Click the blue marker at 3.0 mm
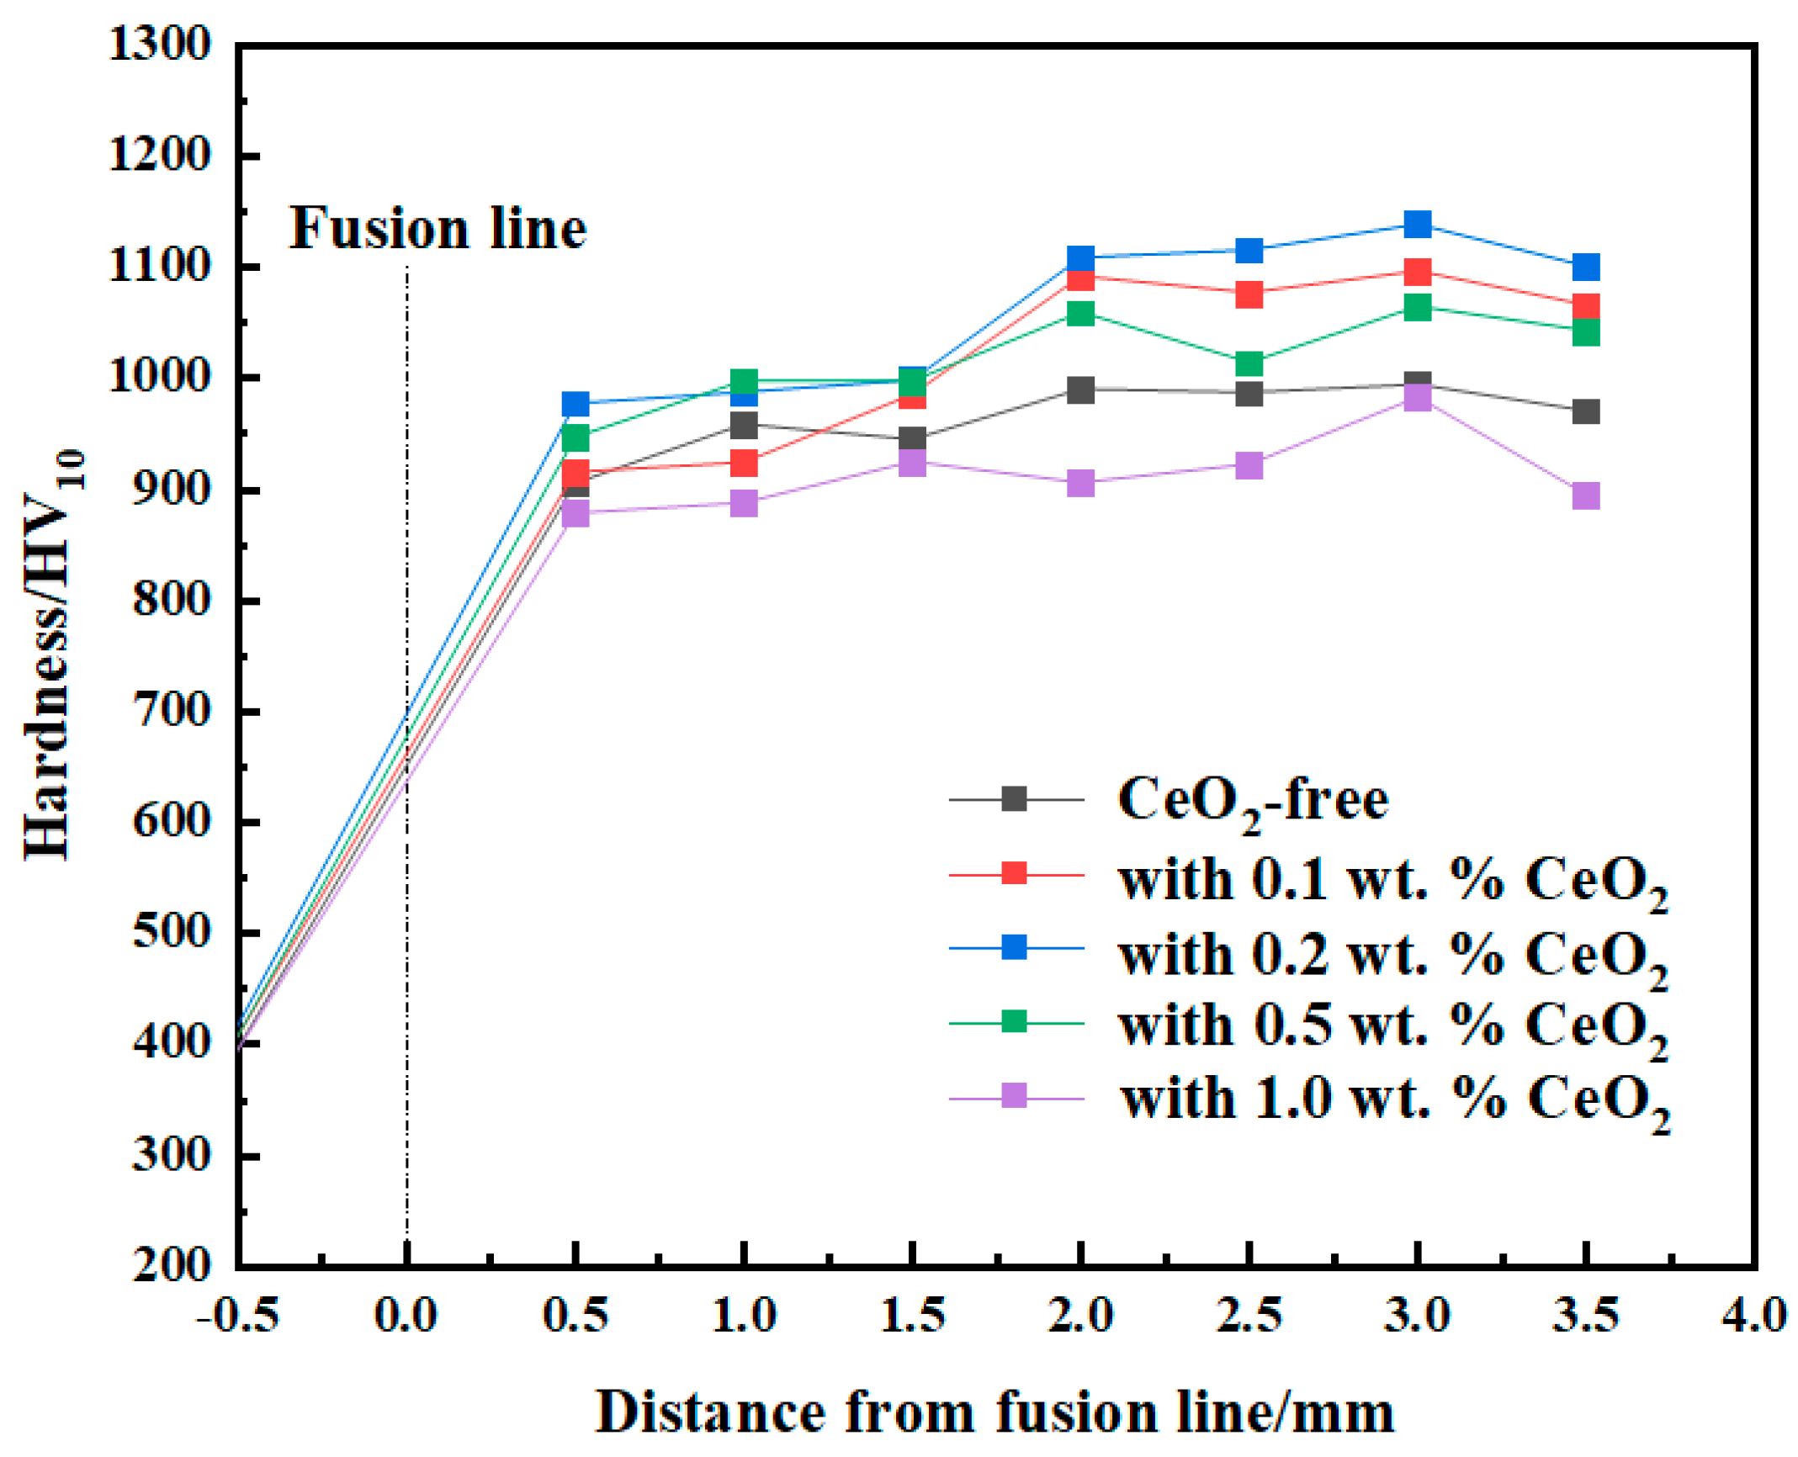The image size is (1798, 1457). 1417,225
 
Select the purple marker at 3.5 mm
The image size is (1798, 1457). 1585,495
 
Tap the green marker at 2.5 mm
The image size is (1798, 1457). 1249,364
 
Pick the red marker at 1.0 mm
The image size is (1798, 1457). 744,463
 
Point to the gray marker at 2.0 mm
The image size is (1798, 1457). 1080,390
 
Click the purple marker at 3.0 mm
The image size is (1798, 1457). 1417,398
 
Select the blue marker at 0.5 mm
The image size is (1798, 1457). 575,404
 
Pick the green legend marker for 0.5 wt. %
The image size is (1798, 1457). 1015,1022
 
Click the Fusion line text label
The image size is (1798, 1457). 438,229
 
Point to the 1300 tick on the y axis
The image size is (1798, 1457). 160,44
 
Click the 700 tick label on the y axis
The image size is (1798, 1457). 171,712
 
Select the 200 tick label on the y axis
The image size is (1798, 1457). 171,1265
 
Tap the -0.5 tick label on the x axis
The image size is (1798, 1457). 237,1316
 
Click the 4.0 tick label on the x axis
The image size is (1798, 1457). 1753,1316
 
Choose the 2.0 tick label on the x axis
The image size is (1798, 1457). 1080,1316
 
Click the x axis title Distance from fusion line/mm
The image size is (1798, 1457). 994,1412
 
